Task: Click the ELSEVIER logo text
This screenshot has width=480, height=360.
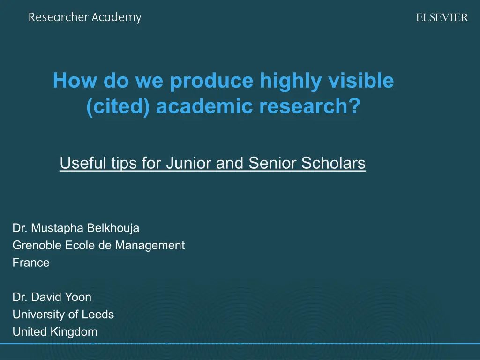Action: coord(442,17)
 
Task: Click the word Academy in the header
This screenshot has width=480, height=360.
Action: coord(117,17)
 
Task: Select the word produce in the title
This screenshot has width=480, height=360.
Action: coord(211,81)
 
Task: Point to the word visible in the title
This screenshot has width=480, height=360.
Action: coord(361,80)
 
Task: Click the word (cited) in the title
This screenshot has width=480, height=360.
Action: coord(118,106)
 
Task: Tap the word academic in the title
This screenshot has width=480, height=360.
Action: coord(205,106)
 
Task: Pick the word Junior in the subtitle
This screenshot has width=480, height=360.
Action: coord(189,163)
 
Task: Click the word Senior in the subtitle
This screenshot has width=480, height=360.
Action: coord(273,163)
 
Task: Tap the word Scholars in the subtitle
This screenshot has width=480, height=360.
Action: coord(333,163)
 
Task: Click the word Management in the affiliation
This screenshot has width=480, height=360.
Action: coord(150,246)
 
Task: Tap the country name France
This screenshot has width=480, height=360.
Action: coord(31,262)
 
